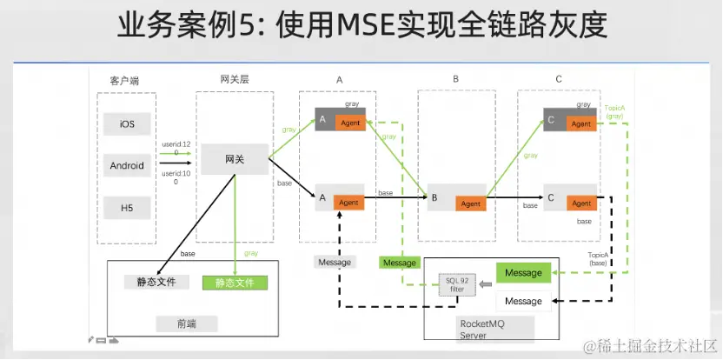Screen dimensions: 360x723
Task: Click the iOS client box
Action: [x=127, y=124]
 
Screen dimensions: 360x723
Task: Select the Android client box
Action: [x=127, y=165]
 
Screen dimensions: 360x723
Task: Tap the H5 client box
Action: [x=127, y=207]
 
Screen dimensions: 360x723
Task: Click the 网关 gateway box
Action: [x=235, y=159]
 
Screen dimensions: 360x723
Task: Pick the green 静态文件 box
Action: [x=235, y=282]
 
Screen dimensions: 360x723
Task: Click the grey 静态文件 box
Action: [x=156, y=282]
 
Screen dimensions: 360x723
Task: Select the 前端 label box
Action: [x=186, y=323]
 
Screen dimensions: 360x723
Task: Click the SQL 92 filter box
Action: [x=457, y=284]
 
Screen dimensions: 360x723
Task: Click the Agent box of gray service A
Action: [x=350, y=123]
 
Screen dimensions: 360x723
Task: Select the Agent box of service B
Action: [x=470, y=203]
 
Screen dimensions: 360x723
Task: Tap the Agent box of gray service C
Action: [x=580, y=123]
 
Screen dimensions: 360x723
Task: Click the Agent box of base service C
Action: [x=580, y=203]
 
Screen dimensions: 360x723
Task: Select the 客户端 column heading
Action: [x=124, y=80]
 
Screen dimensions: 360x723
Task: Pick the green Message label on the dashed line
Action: [x=400, y=263]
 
